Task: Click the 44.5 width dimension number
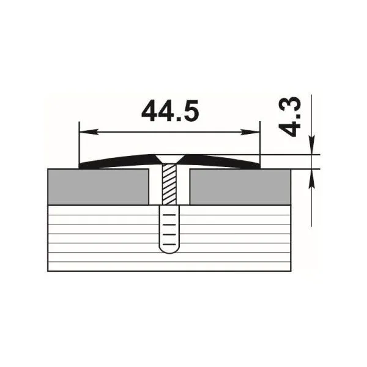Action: pos(170,111)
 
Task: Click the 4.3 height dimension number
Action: pos(289,117)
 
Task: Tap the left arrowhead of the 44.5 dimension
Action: pos(88,132)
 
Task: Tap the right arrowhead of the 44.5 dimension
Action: pos(251,132)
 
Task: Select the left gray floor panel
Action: pos(98,187)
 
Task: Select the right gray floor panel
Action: pos(240,187)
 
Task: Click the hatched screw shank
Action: pos(169,184)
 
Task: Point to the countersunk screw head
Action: pos(169,159)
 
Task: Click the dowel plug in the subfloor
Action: pos(169,229)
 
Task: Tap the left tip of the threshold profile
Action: pos(80,166)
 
